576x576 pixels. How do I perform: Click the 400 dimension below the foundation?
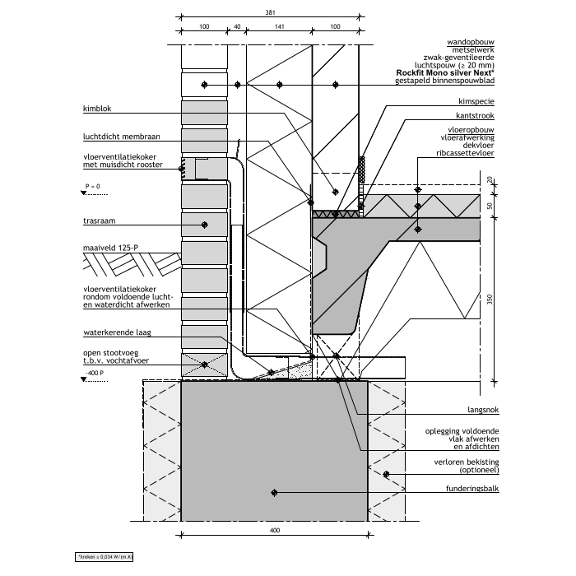coord(275,532)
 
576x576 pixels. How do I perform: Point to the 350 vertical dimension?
coord(490,300)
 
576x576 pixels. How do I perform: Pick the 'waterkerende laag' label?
coord(116,333)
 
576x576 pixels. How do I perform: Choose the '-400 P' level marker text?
coord(95,374)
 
